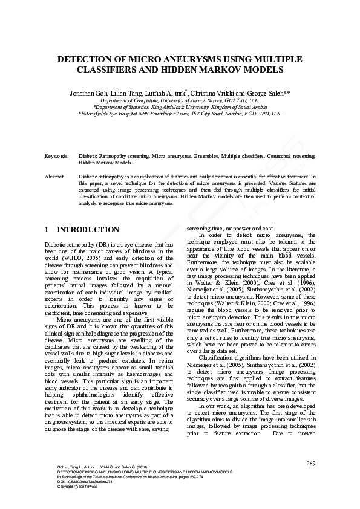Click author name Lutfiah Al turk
(168, 92)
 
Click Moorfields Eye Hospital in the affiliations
(114, 113)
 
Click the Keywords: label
(57, 156)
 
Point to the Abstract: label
(55, 176)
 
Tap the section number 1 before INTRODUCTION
(47, 230)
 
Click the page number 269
(311, 464)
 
